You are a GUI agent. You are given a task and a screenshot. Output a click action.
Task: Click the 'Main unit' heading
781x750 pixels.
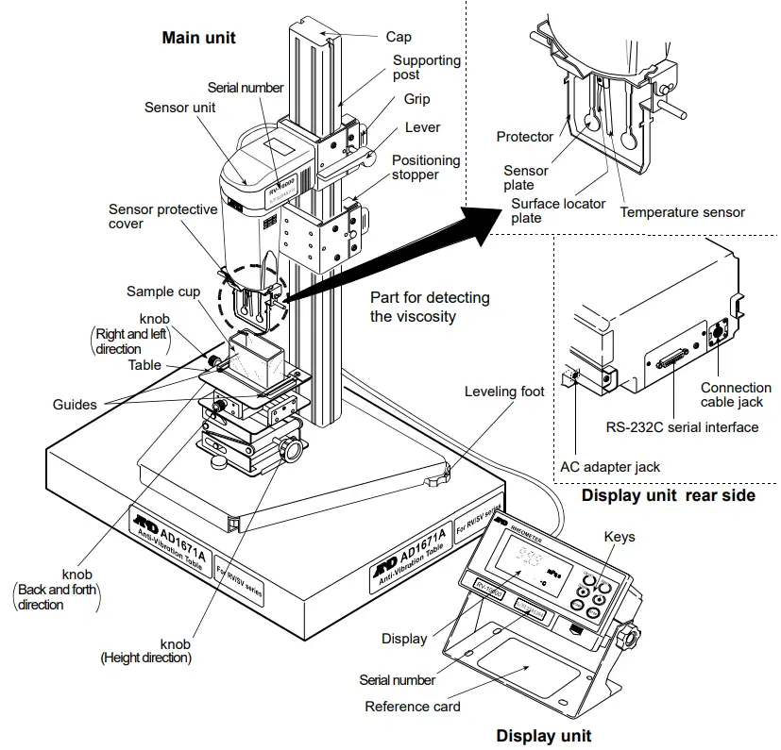198,38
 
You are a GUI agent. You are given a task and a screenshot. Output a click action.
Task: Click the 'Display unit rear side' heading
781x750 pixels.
668,494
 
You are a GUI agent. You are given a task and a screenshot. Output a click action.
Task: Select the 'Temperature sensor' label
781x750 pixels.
682,212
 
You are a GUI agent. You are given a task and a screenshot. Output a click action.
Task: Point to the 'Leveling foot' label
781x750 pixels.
504,391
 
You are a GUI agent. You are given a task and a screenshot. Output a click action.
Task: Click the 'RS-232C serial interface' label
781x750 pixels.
682,427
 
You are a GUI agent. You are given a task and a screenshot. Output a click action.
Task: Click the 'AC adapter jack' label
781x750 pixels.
610,466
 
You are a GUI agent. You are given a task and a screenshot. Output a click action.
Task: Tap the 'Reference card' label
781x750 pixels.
413,706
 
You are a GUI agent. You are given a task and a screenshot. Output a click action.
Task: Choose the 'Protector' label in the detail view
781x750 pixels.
524,137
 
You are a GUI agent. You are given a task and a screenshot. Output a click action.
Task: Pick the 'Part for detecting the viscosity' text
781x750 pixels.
430,307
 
